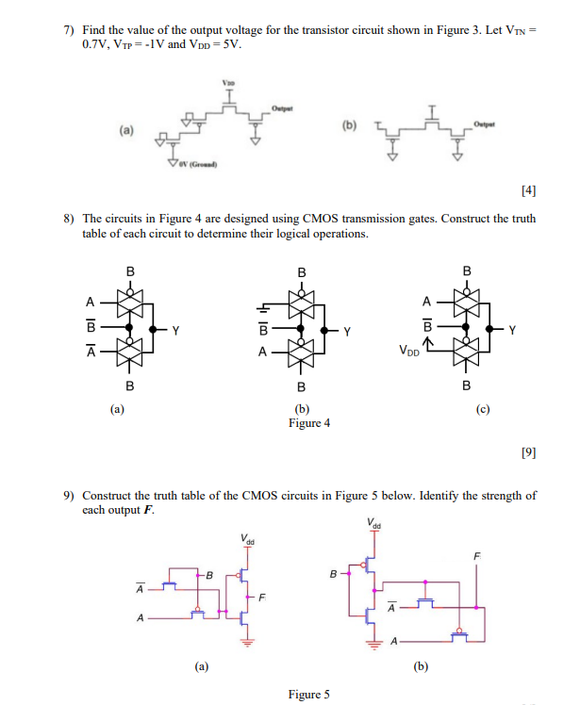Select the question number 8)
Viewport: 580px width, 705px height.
coord(69,219)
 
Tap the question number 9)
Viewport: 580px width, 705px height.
coord(69,496)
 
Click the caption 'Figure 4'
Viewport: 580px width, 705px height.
coord(309,423)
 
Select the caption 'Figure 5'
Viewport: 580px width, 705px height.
coord(309,695)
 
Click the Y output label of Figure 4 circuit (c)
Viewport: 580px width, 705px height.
coord(512,330)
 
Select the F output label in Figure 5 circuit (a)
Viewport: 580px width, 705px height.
coord(263,597)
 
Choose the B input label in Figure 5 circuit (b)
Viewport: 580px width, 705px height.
coord(332,570)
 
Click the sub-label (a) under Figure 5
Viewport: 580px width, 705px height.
coord(202,665)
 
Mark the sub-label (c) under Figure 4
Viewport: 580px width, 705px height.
coord(485,410)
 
